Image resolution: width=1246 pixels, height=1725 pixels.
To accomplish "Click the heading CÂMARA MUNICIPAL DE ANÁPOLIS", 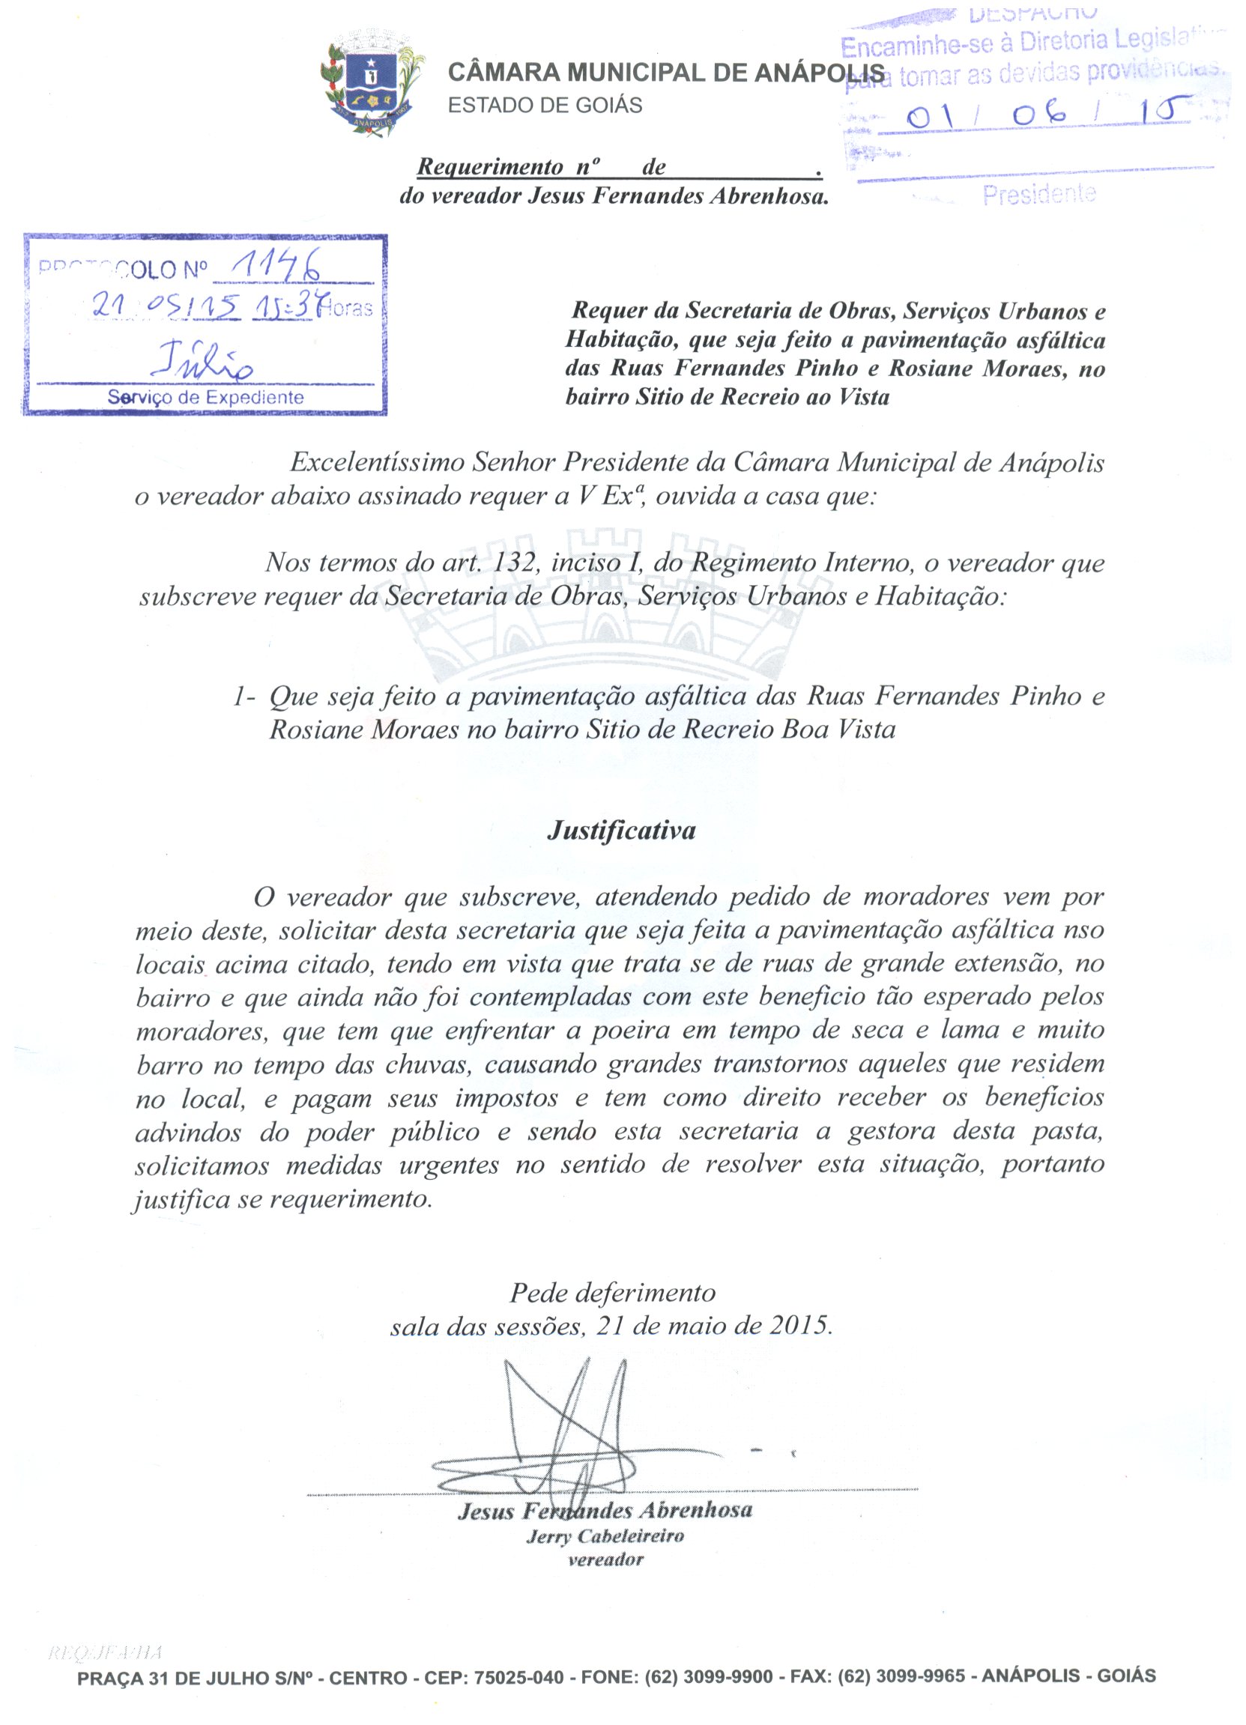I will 666,73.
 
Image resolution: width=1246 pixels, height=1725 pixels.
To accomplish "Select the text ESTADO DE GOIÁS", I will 545,105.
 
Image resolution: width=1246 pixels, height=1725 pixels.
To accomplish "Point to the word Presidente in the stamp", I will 1038,195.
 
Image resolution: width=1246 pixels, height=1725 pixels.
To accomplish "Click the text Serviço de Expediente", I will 205,397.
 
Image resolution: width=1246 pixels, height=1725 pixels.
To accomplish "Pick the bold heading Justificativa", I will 620,830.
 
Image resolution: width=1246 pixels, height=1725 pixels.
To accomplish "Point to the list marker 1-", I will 244,697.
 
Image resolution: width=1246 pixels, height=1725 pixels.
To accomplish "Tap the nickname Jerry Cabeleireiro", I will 605,1536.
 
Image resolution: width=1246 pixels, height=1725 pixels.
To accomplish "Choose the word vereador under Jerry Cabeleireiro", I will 605,1560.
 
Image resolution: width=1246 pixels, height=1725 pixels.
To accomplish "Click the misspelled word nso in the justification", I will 1086,930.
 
